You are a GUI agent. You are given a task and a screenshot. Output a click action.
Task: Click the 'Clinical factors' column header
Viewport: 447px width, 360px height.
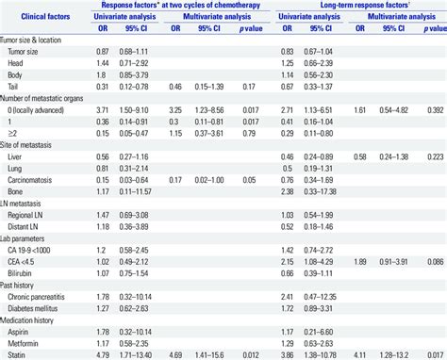click(43, 16)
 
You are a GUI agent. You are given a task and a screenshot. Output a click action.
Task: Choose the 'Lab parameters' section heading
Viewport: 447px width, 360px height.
click(29, 240)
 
